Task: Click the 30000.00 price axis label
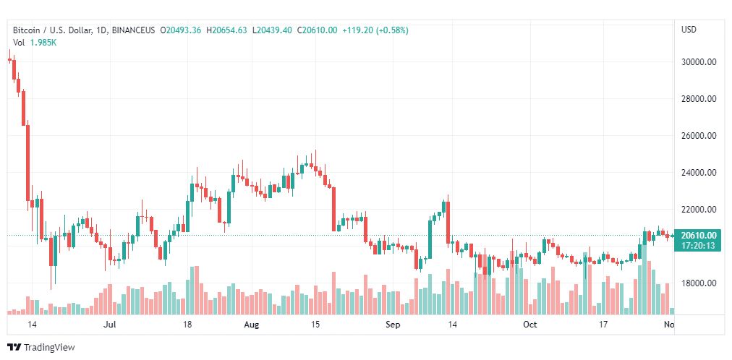tap(699, 62)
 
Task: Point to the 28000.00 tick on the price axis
tap(699, 99)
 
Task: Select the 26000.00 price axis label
tap(699, 136)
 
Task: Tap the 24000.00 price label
tap(699, 173)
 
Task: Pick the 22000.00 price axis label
tap(699, 210)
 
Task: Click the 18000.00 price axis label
tap(699, 283)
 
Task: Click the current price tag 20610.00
tap(699, 235)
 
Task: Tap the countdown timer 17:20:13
tap(699, 246)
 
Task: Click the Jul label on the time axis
tap(110, 325)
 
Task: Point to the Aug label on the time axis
tap(251, 325)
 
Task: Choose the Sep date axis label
tap(392, 325)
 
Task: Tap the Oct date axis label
tap(529, 325)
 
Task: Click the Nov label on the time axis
tap(669, 325)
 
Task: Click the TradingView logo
tap(41, 348)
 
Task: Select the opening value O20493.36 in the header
tap(183, 30)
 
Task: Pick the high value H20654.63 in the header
tap(227, 30)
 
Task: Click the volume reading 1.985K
tap(43, 43)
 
